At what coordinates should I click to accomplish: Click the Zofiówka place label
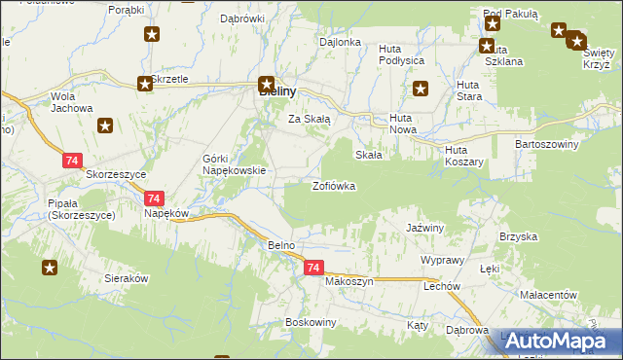pos(333,185)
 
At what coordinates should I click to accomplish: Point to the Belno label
pos(281,246)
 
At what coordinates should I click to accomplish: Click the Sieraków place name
pos(126,278)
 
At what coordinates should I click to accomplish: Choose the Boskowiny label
pos(311,322)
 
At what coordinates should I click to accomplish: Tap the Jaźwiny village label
pos(424,228)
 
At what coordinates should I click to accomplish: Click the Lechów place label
pos(441,288)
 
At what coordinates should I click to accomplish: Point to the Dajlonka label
pos(341,43)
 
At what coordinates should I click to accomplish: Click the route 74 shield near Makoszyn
pos(312,267)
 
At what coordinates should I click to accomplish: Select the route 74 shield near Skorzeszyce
pos(72,160)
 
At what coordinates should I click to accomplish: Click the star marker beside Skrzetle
pos(145,84)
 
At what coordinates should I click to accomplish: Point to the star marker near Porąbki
pos(152,36)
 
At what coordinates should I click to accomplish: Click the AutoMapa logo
pos(560,341)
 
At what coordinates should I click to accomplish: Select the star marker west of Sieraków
pos(49,267)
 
